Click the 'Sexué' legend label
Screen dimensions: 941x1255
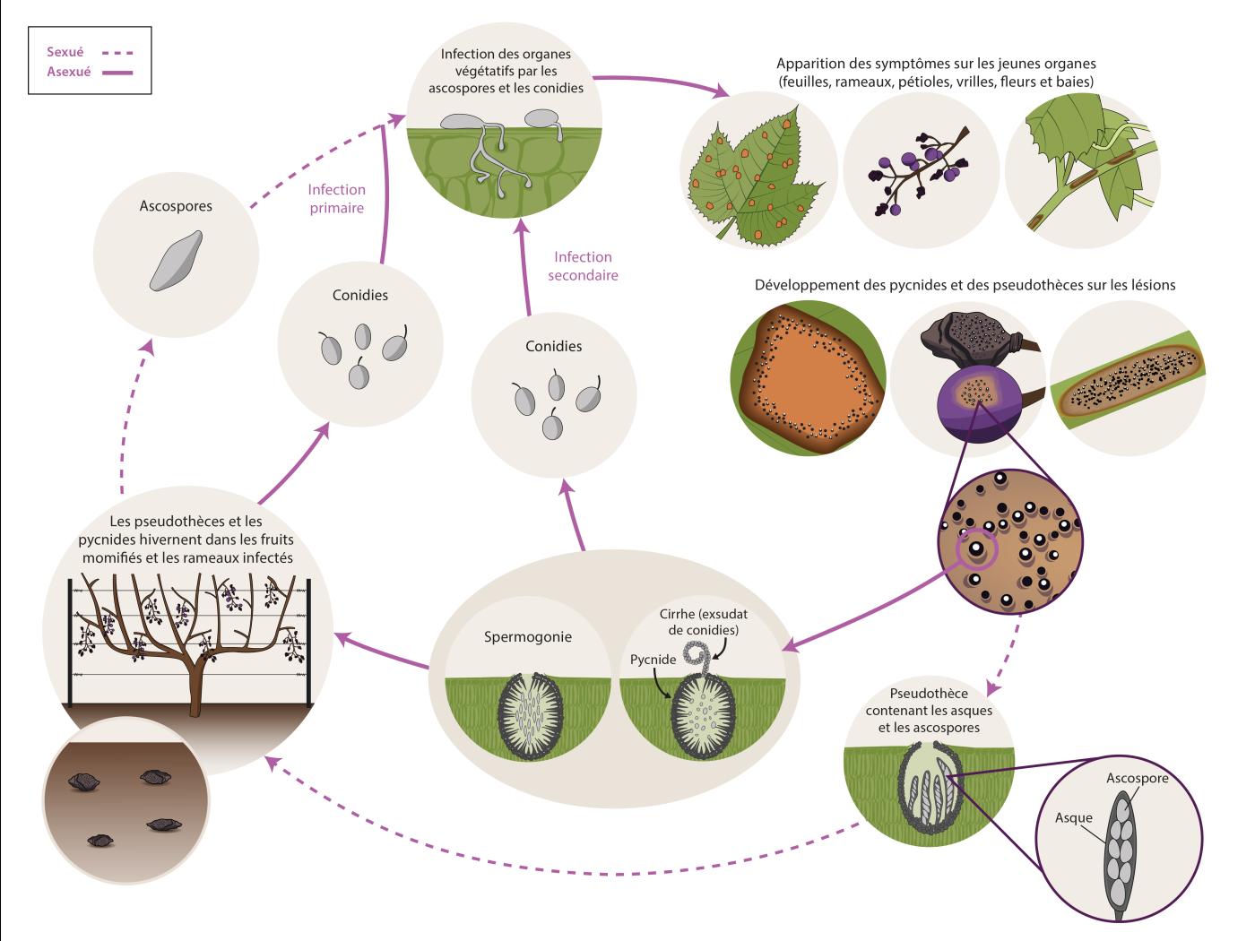point(65,52)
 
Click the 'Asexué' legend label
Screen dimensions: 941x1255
point(68,72)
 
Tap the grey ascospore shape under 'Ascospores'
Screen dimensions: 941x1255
point(177,261)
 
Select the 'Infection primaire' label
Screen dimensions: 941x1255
point(336,198)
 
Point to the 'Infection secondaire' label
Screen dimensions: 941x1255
point(583,266)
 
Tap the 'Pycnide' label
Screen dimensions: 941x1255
point(653,660)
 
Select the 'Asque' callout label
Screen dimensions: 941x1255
point(1073,817)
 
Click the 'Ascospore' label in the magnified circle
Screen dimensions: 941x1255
point(1137,778)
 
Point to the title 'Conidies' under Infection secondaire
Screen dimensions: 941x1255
point(553,346)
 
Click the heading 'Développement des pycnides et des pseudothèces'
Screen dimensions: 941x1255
point(965,285)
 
